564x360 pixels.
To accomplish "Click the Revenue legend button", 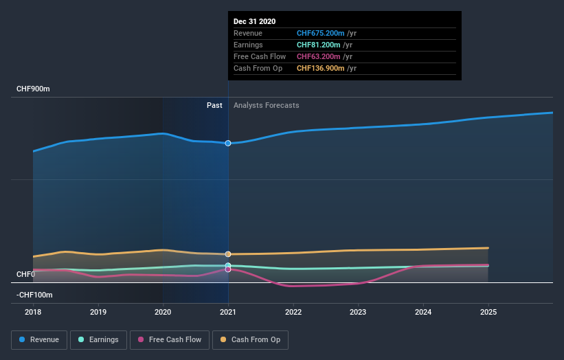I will click(40, 339).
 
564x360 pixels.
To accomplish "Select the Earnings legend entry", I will click(99, 339).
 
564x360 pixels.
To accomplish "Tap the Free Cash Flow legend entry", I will click(169, 339).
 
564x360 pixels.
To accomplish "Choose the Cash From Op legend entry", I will click(251, 339).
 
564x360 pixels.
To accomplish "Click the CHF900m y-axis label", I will click(34, 89).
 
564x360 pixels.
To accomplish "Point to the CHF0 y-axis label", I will click(26, 275).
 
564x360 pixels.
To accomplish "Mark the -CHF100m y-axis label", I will click(34, 295).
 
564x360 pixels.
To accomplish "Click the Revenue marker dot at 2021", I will click(228, 143).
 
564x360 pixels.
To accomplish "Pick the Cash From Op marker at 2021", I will click(228, 254).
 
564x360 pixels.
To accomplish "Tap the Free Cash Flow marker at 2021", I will click(228, 269).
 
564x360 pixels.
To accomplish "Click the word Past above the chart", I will click(214, 105).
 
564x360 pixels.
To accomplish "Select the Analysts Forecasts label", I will click(266, 105).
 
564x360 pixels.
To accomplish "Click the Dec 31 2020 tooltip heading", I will click(254, 21).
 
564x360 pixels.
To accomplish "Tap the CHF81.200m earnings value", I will click(319, 45).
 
